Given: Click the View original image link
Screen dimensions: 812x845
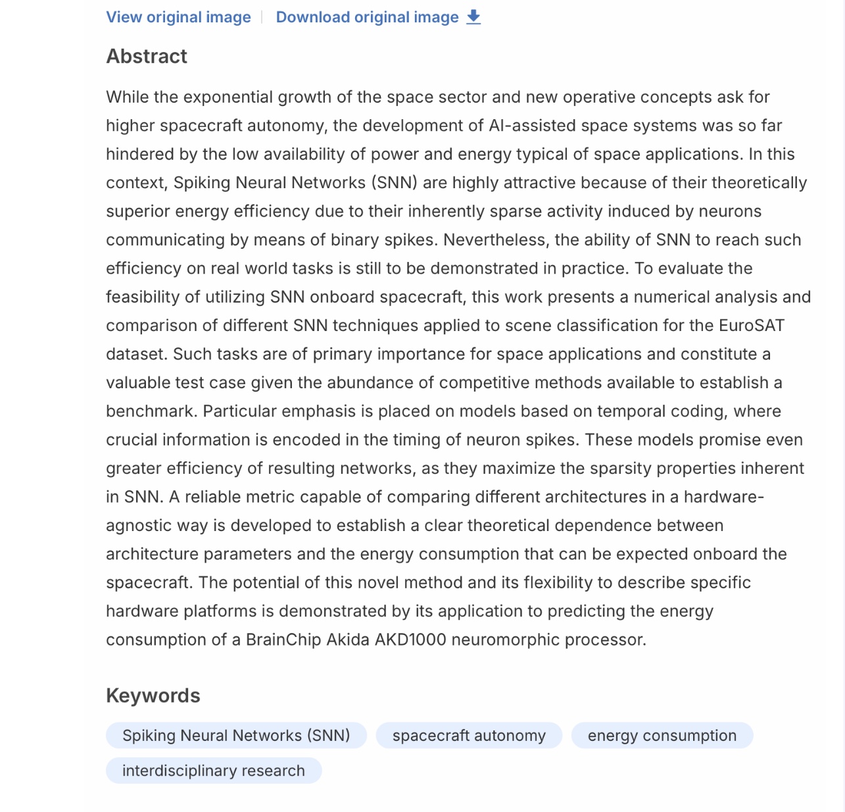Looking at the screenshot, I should pyautogui.click(x=178, y=17).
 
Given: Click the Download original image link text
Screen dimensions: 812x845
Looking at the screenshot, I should pyautogui.click(x=367, y=17).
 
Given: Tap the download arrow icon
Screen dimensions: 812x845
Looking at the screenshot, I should pyautogui.click(x=473, y=17).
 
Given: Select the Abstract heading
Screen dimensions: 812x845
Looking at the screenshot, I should pyautogui.click(x=147, y=57).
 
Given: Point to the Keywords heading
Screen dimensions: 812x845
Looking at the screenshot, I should pyautogui.click(x=153, y=696).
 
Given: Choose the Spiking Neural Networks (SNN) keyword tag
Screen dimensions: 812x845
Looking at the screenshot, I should pyautogui.click(x=236, y=736).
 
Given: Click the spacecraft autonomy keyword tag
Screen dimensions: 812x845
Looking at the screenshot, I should pyautogui.click(x=469, y=736).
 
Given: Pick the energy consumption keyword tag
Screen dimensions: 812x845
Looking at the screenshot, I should pyautogui.click(x=662, y=736).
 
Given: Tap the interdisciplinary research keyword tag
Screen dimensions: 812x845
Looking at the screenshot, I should pyautogui.click(x=214, y=771).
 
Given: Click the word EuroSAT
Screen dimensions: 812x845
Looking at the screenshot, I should pyautogui.click(x=752, y=326).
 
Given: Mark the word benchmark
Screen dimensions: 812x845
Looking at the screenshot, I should pyautogui.click(x=150, y=411).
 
